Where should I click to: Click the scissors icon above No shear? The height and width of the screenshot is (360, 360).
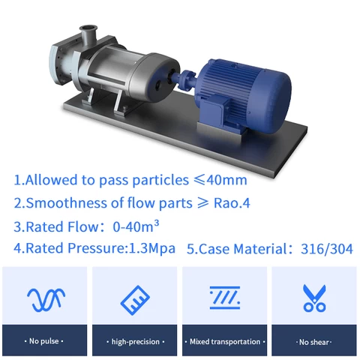(314, 298)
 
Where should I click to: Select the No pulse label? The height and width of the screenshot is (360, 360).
(45, 341)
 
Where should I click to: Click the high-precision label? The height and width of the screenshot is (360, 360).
(135, 341)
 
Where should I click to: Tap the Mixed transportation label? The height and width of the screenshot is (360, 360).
(225, 341)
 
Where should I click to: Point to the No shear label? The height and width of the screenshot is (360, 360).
(314, 341)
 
